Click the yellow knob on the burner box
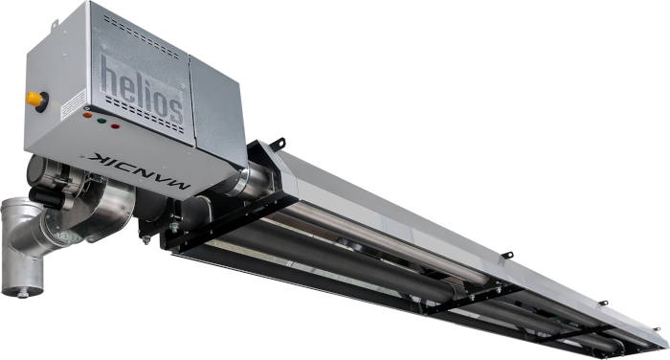[x=34, y=99]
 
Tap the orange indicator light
[x=87, y=115]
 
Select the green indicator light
[x=101, y=121]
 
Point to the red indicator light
[x=116, y=125]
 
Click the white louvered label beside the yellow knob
[x=73, y=104]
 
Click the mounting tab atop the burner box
[x=55, y=25]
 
